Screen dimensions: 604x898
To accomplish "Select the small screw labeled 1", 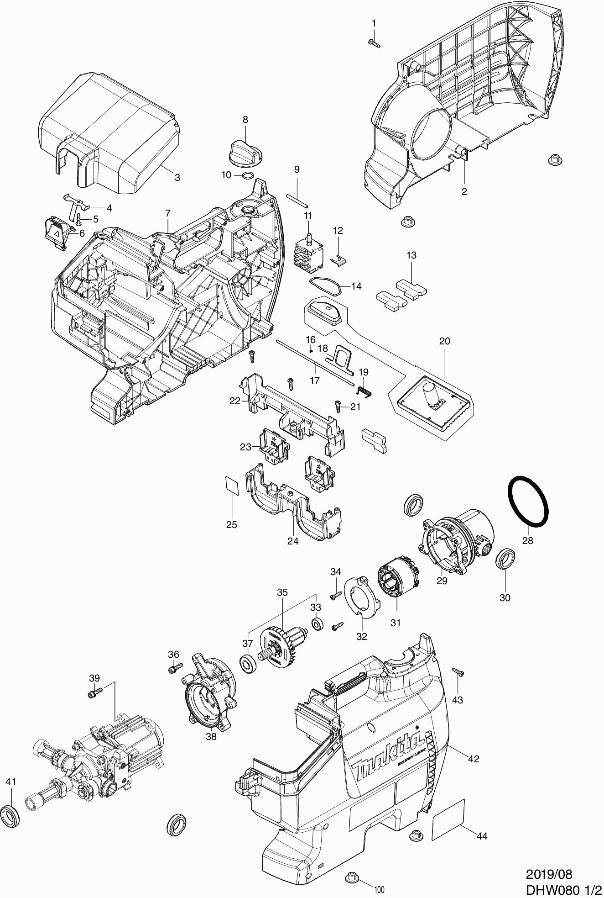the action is click(x=374, y=43).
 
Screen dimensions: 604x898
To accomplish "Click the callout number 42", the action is click(x=474, y=759).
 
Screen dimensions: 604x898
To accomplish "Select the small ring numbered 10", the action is click(x=247, y=175).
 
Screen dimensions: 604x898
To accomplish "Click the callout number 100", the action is click(x=379, y=890).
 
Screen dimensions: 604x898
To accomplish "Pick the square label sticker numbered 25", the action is click(x=233, y=485).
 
